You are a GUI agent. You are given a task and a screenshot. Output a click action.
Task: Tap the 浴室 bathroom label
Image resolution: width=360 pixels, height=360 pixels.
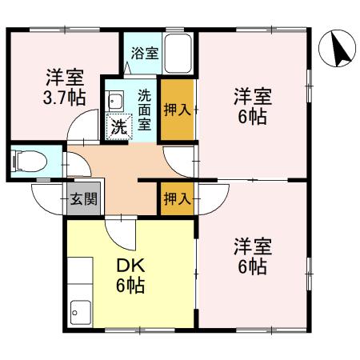coord(145,54)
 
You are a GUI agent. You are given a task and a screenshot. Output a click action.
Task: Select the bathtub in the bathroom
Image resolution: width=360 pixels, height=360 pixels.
coord(178,52)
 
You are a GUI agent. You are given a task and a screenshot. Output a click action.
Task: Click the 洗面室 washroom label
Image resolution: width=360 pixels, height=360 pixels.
coord(145,108)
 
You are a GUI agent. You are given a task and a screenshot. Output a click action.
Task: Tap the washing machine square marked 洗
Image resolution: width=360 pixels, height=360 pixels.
coord(118,126)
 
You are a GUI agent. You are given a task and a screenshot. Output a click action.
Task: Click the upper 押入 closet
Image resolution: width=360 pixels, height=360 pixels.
coord(176,110)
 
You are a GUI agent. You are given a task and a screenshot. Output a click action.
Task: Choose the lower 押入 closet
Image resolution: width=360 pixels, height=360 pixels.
coord(176,198)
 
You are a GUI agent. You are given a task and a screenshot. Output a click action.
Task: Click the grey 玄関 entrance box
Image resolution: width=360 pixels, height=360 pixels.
coord(82,198)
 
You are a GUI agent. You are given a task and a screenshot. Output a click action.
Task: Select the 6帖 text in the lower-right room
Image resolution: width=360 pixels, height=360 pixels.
coord(251,266)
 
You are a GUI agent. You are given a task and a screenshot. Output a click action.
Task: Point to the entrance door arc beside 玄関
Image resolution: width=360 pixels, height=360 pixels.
coord(46,194)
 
